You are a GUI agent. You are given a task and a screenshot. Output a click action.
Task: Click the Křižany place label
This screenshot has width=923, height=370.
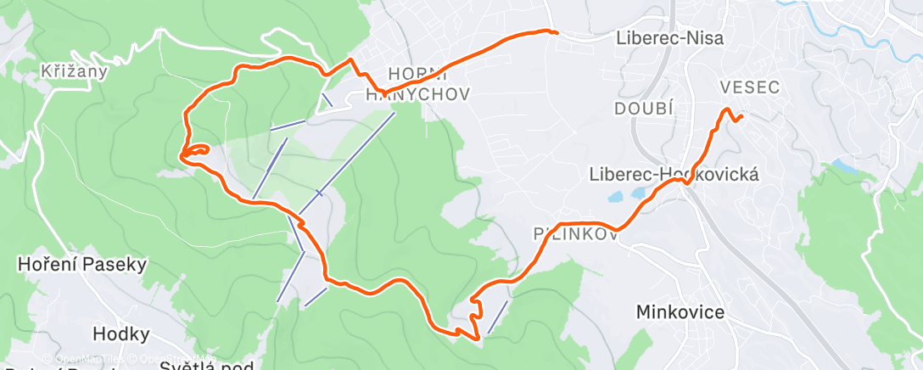[x=75, y=71]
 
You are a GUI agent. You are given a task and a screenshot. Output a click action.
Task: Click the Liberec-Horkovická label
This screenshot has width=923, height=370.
[x=674, y=174]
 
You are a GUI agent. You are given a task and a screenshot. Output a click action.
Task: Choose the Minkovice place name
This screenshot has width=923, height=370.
[x=680, y=313]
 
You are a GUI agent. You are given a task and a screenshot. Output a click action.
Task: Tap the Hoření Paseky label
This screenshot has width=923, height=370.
[x=82, y=265]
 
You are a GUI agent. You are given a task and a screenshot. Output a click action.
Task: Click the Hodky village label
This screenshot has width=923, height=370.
[x=121, y=334]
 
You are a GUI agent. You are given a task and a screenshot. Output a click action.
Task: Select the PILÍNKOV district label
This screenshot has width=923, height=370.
[x=573, y=234]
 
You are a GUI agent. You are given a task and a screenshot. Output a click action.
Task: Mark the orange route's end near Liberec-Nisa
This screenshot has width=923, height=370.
[x=556, y=32]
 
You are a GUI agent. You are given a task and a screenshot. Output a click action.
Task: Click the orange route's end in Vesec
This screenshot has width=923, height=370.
[x=741, y=116]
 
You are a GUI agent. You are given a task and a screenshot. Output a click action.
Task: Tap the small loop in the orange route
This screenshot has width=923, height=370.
[x=197, y=151]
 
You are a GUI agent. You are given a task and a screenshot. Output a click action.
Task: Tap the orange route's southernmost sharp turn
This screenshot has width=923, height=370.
[x=480, y=338]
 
